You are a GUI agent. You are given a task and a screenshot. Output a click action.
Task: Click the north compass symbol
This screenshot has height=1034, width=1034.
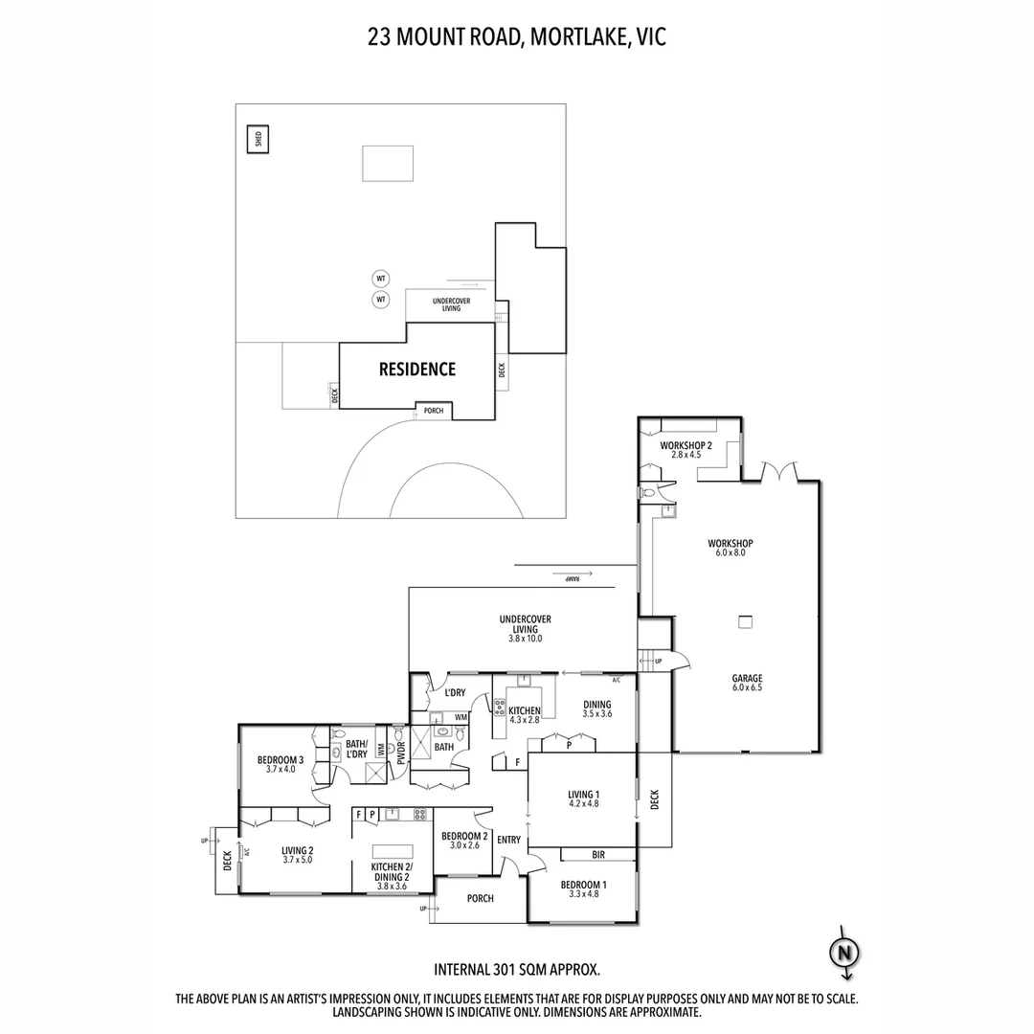843,953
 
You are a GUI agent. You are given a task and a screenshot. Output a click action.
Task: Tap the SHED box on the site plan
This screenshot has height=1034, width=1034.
258,139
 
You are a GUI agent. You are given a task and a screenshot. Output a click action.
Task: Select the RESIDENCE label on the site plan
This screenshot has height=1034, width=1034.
417,370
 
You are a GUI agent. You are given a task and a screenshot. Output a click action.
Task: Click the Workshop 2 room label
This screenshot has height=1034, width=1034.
686,446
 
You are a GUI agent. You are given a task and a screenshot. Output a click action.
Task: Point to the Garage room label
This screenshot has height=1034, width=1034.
747,677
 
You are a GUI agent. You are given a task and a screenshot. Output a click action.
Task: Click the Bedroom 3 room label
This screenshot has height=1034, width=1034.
281,761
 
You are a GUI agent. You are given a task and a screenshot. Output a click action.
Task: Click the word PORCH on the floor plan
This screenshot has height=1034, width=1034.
481,898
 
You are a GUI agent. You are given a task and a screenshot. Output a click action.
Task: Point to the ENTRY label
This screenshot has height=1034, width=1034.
509,840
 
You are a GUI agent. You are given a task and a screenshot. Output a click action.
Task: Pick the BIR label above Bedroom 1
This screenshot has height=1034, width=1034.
599,854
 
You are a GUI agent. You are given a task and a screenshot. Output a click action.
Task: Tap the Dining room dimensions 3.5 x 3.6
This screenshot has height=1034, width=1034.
596,714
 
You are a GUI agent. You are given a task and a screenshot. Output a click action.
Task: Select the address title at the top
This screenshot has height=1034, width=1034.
517,37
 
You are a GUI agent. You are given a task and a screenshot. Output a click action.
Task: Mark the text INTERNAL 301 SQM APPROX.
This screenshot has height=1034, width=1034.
517,969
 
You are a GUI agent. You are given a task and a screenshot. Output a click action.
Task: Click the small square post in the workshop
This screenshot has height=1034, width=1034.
744,622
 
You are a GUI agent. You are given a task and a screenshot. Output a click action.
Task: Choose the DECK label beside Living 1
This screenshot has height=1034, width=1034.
655,799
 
